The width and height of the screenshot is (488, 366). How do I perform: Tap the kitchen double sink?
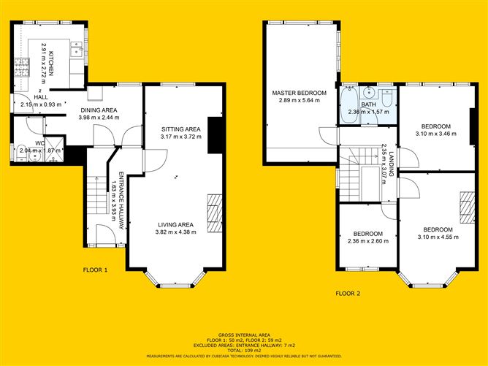tap(76, 48)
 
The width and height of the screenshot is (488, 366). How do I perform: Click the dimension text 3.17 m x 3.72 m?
tap(180, 136)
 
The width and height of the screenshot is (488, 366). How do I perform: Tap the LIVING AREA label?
tap(175, 224)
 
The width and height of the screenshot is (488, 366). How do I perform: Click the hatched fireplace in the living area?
tap(213, 211)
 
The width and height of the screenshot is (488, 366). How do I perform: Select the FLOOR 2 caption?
tap(348, 294)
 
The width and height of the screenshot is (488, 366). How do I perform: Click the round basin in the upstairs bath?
tap(371, 93)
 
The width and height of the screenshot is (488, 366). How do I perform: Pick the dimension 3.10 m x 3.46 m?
tap(433, 133)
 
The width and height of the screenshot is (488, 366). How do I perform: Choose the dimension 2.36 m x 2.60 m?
tap(367, 241)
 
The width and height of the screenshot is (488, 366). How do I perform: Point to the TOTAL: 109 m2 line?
tap(243, 349)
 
